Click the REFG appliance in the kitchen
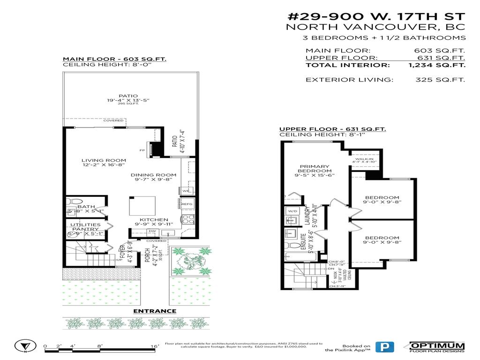[x=187, y=204]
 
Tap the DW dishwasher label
[x=152, y=231]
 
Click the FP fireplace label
[x=142, y=150]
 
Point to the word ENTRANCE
[x=155, y=311]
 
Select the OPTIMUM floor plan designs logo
[x=437, y=347]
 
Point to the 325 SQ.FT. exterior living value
[x=440, y=80]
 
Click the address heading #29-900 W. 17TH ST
[x=376, y=15]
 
